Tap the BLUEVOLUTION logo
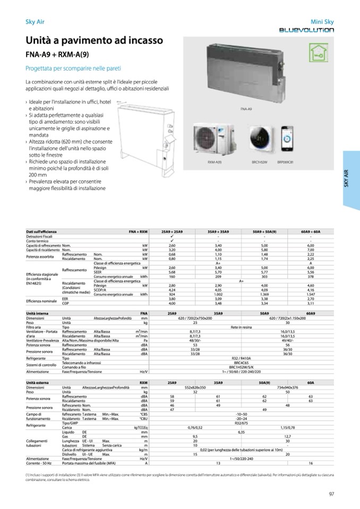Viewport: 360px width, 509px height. tap(307, 30)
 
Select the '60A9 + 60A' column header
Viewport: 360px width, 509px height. tap(310, 232)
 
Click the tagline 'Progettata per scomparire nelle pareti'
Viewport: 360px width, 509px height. tap(73, 68)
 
